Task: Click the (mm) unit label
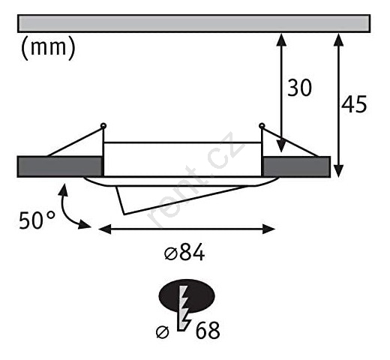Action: (48, 48)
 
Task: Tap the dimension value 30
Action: (300, 88)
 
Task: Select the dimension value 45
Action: (354, 104)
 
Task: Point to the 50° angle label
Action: (37, 220)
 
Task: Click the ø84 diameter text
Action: (184, 253)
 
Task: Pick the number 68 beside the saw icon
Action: (208, 330)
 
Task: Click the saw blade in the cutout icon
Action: (184, 308)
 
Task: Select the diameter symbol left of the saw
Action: (163, 332)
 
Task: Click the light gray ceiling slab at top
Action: (193, 23)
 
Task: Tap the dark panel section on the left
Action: (60, 166)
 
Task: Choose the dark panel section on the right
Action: (296, 166)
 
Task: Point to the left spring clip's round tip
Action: (103, 126)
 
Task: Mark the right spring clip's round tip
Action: (262, 126)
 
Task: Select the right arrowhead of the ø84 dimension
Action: (269, 229)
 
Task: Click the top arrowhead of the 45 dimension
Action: (338, 40)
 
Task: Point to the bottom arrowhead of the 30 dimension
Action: (281, 145)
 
